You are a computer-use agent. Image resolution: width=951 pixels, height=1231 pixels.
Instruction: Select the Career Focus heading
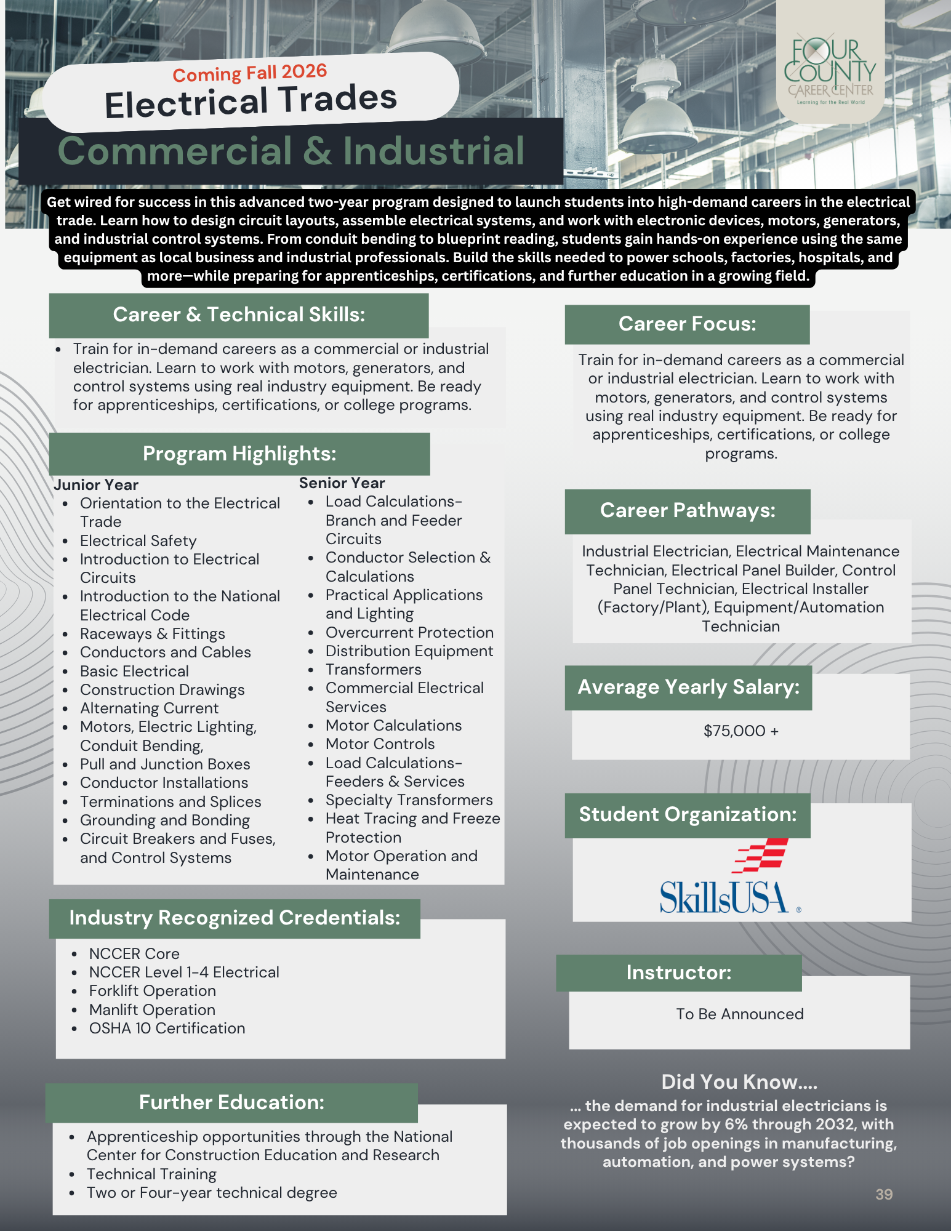tap(687, 324)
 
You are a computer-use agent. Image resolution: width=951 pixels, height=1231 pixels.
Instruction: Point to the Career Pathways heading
tap(688, 510)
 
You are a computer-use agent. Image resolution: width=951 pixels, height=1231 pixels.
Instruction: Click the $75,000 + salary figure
tap(740, 731)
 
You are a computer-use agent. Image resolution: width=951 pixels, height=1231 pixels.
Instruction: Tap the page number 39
tap(884, 1194)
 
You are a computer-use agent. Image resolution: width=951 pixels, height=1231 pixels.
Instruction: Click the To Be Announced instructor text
tap(740, 1014)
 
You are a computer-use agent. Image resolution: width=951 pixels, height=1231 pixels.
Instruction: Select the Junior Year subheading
tap(96, 484)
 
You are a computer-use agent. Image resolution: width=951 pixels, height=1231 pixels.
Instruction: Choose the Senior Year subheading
tap(342, 483)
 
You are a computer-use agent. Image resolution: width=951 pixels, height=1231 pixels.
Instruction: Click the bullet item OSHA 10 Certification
tap(167, 1028)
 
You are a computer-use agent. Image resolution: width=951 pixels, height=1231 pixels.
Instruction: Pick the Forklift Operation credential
tap(152, 990)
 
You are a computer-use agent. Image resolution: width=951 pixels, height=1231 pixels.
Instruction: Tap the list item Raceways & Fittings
tap(152, 633)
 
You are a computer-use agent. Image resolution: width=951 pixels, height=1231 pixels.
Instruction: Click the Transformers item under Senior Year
tap(373, 669)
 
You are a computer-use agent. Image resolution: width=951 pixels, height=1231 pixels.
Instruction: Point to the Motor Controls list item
tap(380, 744)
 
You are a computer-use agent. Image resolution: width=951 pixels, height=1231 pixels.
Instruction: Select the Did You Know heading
tap(739, 1081)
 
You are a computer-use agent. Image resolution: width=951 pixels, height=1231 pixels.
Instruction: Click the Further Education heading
tap(231, 1102)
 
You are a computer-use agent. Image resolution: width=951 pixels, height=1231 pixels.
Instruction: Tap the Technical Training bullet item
tap(151, 1174)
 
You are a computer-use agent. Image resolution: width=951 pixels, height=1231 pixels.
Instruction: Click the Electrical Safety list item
tap(138, 540)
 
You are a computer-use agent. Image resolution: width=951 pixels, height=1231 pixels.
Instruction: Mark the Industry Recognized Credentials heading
tap(235, 918)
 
